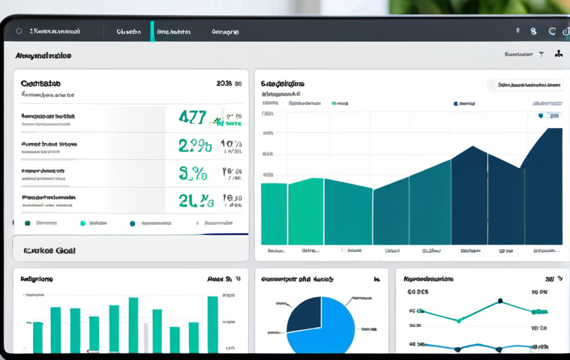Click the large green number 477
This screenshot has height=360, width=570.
click(x=192, y=118)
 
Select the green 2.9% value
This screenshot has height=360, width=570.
click(x=194, y=145)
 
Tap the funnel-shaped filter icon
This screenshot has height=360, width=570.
click(x=541, y=55)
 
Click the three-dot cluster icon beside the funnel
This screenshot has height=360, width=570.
click(x=558, y=55)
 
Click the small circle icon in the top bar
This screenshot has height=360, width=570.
click(x=19, y=32)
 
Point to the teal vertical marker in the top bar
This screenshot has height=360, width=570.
click(x=152, y=31)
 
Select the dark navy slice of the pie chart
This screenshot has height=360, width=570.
click(x=304, y=313)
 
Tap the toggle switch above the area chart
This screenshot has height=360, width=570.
click(x=553, y=116)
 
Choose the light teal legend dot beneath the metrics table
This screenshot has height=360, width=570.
click(x=82, y=223)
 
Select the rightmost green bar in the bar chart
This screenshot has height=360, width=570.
click(x=212, y=324)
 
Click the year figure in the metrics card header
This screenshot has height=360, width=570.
click(x=224, y=85)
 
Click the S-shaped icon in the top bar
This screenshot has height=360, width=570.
click(x=533, y=32)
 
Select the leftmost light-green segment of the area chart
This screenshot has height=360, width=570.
click(x=274, y=214)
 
